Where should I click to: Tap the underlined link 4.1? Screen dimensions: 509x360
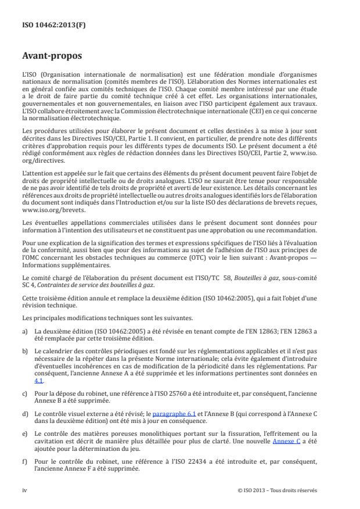38,380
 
